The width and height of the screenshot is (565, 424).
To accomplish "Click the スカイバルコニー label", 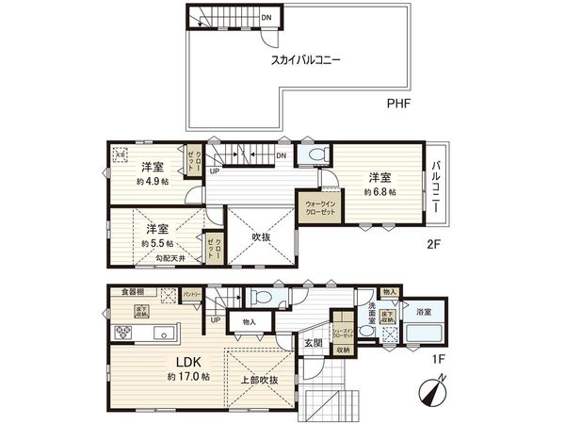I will [305, 59].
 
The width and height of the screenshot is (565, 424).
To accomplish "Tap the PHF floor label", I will [399, 106].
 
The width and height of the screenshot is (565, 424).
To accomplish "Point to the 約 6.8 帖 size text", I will [380, 191].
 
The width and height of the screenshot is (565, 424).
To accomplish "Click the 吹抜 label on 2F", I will [263, 238].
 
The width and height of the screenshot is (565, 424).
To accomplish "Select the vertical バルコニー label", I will [436, 186].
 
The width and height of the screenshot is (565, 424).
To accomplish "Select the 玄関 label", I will [313, 342].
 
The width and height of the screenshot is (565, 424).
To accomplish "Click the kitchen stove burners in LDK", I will [123, 332].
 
